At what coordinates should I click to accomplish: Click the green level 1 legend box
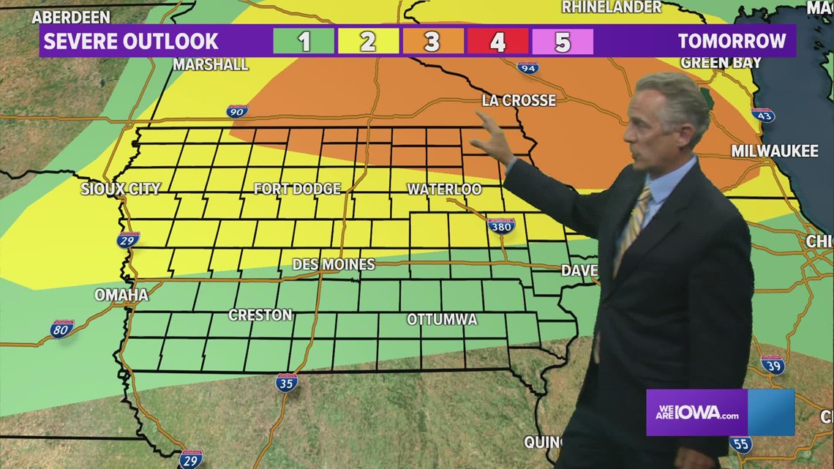pyautogui.click(x=304, y=41)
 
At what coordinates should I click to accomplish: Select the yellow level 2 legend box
pyautogui.click(x=367, y=41)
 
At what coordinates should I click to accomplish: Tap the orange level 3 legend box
pyautogui.click(x=432, y=41)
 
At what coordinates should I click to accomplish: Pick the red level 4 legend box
pyautogui.click(x=497, y=41)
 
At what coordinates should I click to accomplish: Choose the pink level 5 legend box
pyautogui.click(x=562, y=41)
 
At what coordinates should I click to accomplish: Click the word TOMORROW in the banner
pyautogui.click(x=732, y=41)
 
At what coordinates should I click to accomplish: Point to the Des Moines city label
pyautogui.click(x=334, y=264)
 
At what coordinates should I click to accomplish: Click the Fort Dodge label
pyautogui.click(x=297, y=189)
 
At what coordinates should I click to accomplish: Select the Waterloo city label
pyautogui.click(x=444, y=189)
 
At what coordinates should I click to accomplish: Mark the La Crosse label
pyautogui.click(x=519, y=100)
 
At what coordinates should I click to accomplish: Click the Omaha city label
pyautogui.click(x=121, y=295)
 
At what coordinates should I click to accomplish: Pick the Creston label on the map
pyautogui.click(x=260, y=315)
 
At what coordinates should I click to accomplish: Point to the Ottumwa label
pyautogui.click(x=442, y=320)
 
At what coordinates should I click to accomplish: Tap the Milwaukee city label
pyautogui.click(x=775, y=151)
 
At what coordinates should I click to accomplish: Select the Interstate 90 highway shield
pyautogui.click(x=236, y=111)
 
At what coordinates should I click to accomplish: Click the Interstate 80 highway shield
pyautogui.click(x=62, y=329)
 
